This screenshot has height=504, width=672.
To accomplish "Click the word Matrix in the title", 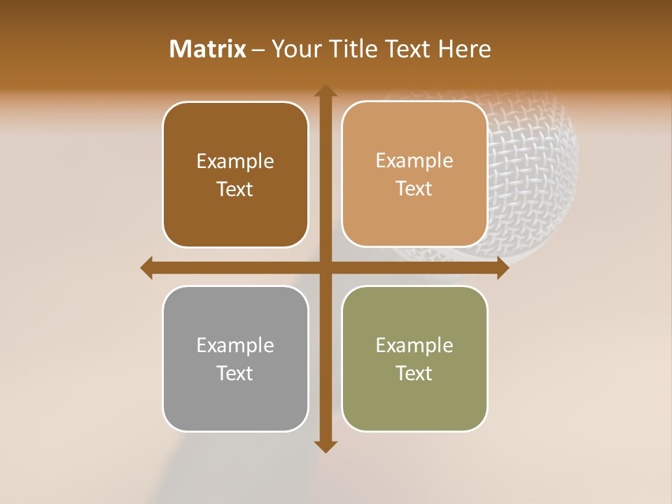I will [208, 49].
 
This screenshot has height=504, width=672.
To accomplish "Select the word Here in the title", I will [464, 49].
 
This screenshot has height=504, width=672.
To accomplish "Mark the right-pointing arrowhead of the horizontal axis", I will [503, 267].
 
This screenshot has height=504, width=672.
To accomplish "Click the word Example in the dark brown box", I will [235, 162].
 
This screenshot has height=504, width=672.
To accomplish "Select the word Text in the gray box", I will [235, 373].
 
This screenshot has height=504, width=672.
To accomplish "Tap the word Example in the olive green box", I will [414, 345].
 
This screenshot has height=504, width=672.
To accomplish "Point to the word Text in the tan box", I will [414, 189].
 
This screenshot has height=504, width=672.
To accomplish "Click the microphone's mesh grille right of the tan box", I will [532, 175].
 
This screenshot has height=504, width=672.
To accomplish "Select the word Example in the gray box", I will [235, 345].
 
